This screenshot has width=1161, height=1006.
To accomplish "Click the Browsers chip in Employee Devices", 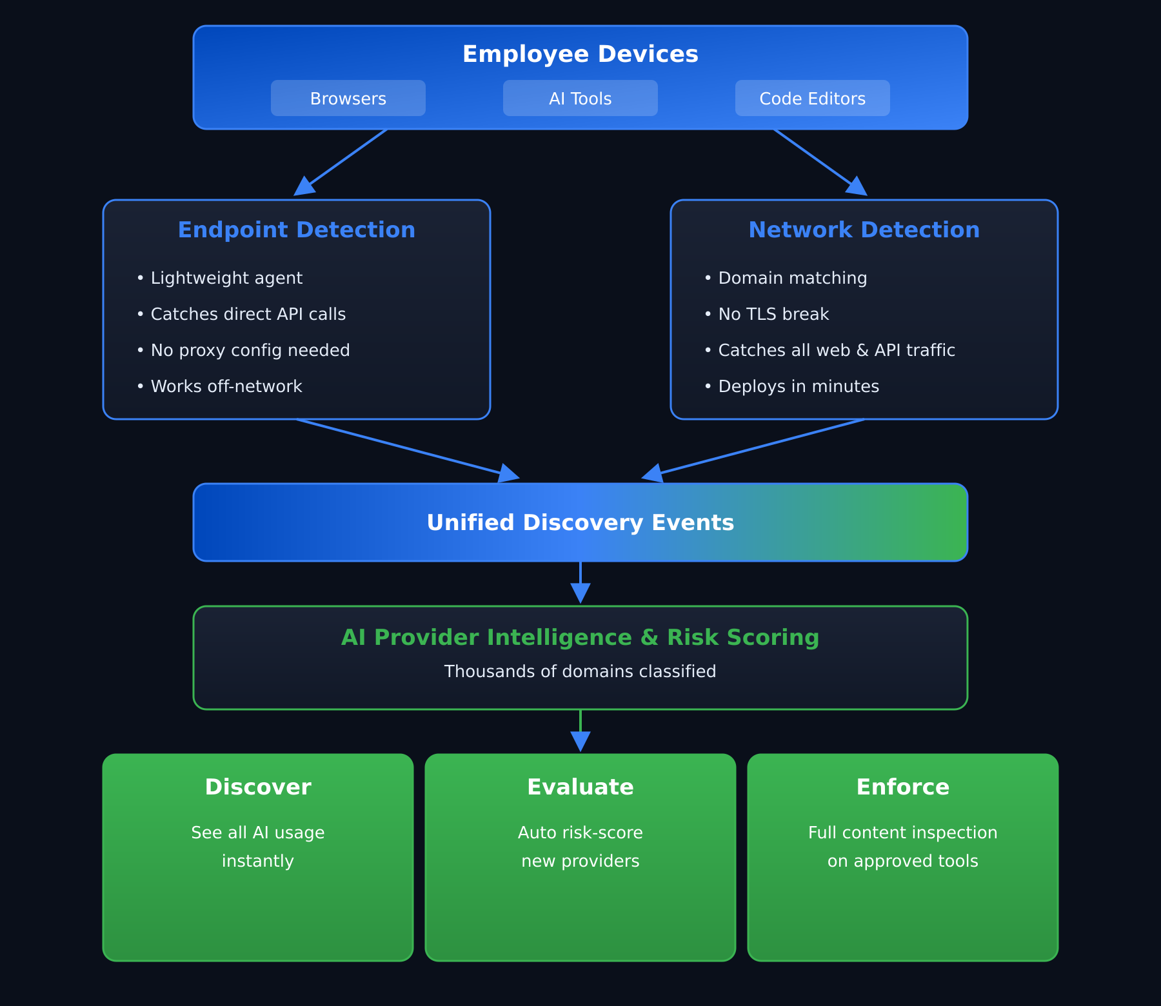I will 348,98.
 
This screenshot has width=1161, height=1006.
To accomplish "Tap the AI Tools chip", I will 580,98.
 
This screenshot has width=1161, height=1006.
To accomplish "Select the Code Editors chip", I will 812,98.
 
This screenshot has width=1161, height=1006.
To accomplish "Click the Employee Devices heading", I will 580,54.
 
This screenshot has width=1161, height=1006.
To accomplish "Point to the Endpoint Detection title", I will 296,230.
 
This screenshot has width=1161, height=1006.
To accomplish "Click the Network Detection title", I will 864,230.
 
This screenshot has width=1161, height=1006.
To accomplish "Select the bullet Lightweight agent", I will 226,278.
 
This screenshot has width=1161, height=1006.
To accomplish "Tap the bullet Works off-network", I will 226,386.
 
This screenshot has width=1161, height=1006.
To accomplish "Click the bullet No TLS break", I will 773,314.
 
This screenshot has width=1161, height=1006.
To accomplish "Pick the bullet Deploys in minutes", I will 798,386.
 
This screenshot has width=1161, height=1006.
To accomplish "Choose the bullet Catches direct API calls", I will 248,314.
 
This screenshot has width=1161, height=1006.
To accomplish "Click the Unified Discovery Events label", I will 580,522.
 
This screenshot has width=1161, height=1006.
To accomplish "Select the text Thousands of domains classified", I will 580,671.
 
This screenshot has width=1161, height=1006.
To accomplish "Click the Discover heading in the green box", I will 257,787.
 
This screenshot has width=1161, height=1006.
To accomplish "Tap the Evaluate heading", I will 580,787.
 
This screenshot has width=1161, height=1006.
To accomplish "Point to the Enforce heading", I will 902,787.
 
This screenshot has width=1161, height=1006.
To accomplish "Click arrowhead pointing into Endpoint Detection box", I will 304,186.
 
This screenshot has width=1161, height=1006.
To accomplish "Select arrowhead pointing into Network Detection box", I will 857,186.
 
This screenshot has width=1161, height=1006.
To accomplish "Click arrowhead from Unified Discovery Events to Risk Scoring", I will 580,593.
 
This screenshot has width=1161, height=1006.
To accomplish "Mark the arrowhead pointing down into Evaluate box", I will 580,741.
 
